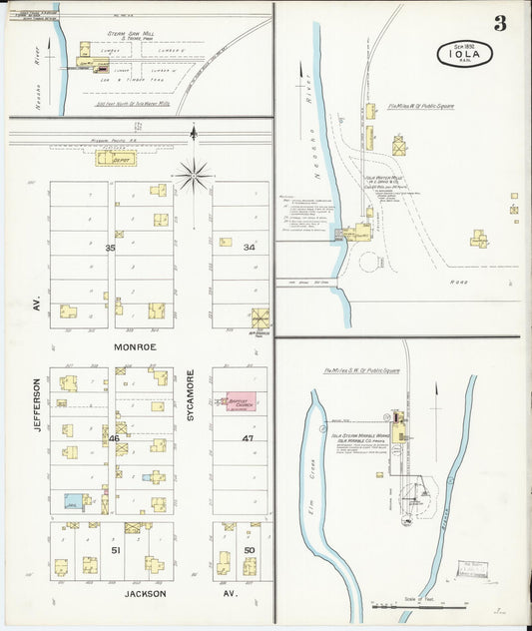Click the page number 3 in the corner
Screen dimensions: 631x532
498,24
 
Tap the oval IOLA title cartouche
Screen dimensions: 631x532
464,53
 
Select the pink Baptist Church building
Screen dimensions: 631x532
241,401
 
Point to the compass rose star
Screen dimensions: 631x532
194,176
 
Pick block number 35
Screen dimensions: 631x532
111,247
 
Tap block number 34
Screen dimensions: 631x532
249,247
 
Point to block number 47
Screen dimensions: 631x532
249,438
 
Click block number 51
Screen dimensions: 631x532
115,549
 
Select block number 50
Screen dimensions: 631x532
249,549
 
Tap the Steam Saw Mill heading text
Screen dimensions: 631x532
129,33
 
